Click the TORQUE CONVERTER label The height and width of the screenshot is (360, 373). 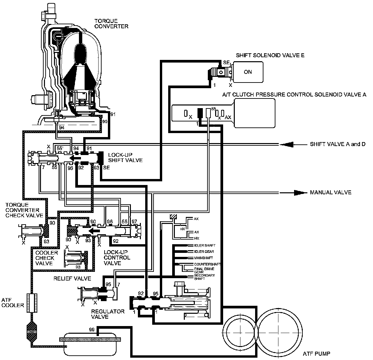pyautogui.click(x=111, y=24)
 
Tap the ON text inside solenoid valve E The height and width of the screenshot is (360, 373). pyautogui.click(x=248, y=72)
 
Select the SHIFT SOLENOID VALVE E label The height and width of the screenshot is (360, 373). pyautogui.click(x=270, y=55)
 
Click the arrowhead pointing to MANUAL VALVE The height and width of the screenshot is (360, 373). pyautogui.click(x=300, y=193)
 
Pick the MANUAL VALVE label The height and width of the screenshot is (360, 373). pyautogui.click(x=330, y=192)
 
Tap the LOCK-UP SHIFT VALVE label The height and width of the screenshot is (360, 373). pyautogui.click(x=125, y=158)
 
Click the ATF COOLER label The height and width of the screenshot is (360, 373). pyautogui.click(x=13, y=302)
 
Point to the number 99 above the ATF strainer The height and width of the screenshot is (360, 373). pyautogui.click(x=92, y=330)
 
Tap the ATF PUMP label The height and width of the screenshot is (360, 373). pyautogui.click(x=316, y=354)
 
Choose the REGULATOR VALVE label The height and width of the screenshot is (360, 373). pyautogui.click(x=108, y=314)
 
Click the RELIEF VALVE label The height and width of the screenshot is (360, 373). pyautogui.click(x=72, y=278)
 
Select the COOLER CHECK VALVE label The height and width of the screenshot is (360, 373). pyautogui.click(x=47, y=258)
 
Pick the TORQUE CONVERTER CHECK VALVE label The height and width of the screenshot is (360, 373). pyautogui.click(x=24, y=210)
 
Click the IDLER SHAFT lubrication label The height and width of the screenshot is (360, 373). pyautogui.click(x=204, y=245)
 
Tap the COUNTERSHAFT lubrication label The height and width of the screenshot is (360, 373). pyautogui.click(x=207, y=264)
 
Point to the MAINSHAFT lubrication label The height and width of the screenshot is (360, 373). pyautogui.click(x=203, y=258)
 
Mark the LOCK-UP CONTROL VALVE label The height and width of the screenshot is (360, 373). pyautogui.click(x=117, y=258)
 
